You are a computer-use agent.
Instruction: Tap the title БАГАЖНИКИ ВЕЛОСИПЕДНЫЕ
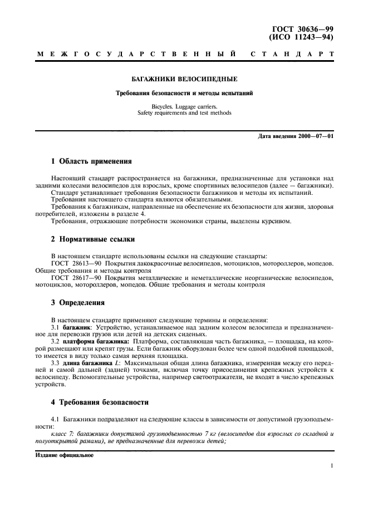pyautogui.click(x=183, y=80)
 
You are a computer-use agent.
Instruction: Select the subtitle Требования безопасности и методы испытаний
pyautogui.click(x=183, y=93)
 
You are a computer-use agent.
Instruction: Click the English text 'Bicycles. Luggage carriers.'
pyautogui.click(x=183, y=105)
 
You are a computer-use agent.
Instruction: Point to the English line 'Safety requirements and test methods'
pyautogui.click(x=183, y=112)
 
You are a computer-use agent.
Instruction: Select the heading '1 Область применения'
pyautogui.click(x=91, y=161)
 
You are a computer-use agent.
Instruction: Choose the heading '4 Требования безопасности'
pyautogui.click(x=100, y=402)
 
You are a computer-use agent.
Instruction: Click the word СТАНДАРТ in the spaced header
pyautogui.click(x=293, y=55)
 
